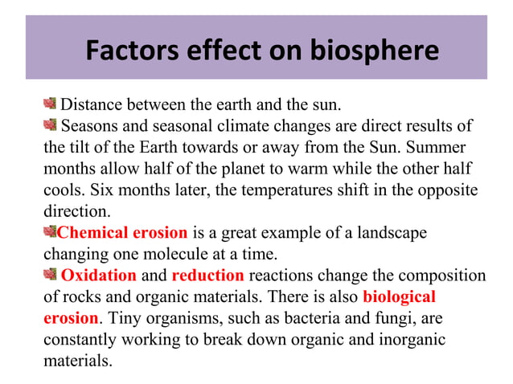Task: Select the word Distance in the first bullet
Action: [x=92, y=104]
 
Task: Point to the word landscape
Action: [x=392, y=234]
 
